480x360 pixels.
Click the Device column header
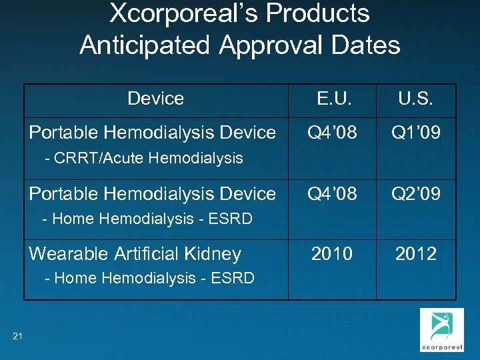[x=155, y=99]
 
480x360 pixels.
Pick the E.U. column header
[x=332, y=99]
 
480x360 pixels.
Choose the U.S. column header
[x=416, y=99]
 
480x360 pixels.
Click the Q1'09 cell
[x=416, y=133]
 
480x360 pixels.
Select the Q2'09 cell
[x=416, y=193]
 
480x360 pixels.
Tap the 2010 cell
[x=332, y=253]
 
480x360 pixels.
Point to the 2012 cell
[x=416, y=253]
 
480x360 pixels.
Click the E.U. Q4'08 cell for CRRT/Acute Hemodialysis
[x=332, y=133]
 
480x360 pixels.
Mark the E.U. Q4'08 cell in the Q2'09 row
[x=332, y=193]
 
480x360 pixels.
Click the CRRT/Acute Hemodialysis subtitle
[x=143, y=159]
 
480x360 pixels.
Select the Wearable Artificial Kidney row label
[x=135, y=254]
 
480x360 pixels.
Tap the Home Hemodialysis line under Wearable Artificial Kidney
[x=148, y=279]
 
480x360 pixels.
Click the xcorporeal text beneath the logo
[x=442, y=348]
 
